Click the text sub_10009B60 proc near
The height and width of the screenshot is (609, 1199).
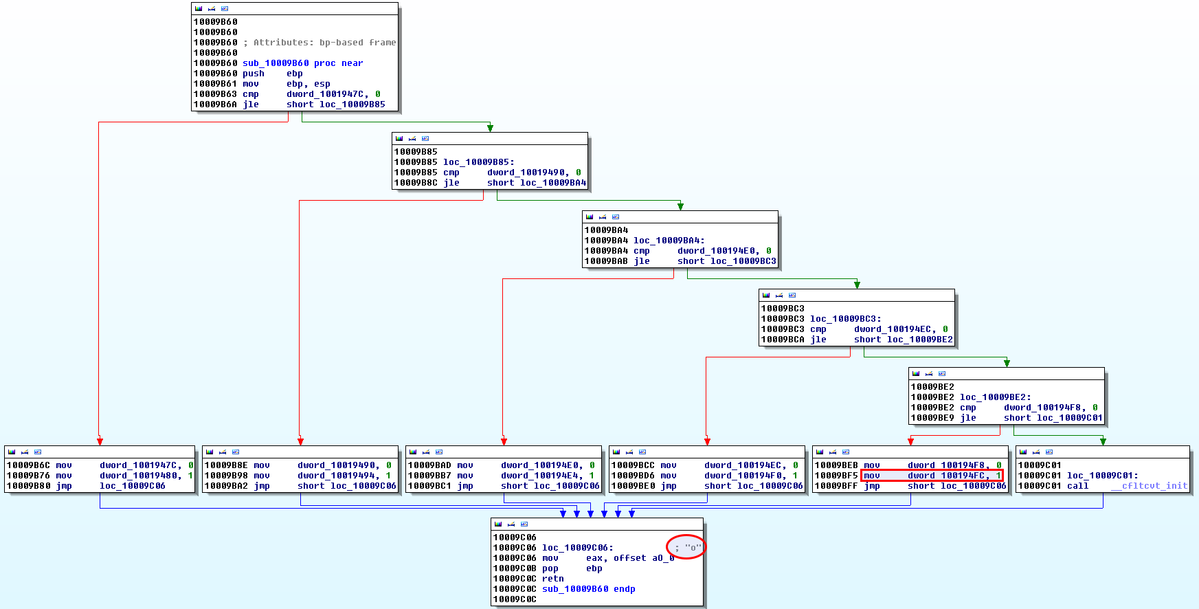(302, 63)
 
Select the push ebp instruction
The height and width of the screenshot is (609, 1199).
(273, 74)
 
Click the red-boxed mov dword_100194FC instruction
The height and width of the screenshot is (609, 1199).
(931, 476)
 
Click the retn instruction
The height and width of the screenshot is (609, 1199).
(552, 579)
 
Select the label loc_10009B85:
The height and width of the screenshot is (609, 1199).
(478, 162)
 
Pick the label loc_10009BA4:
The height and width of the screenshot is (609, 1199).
(669, 241)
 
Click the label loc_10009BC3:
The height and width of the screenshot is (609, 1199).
(845, 319)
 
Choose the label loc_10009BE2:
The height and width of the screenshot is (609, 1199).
(995, 397)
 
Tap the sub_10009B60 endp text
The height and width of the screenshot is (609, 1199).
(588, 589)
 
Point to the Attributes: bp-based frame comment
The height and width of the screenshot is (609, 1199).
(320, 43)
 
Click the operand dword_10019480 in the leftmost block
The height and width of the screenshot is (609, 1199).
(140, 476)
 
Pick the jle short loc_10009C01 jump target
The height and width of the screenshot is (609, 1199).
(1069, 418)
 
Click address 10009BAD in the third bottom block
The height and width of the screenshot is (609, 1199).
(429, 465)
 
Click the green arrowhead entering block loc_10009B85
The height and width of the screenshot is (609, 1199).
(490, 129)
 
